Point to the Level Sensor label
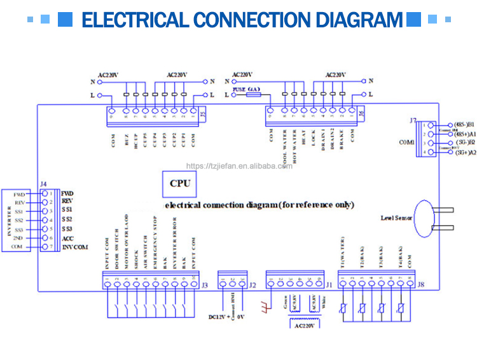[x=396, y=218]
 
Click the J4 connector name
[x=43, y=184]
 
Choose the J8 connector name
[x=420, y=284]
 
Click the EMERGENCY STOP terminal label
[x=155, y=239]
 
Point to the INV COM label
[x=74, y=246]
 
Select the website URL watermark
[x=239, y=166]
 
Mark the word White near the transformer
[x=322, y=304]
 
